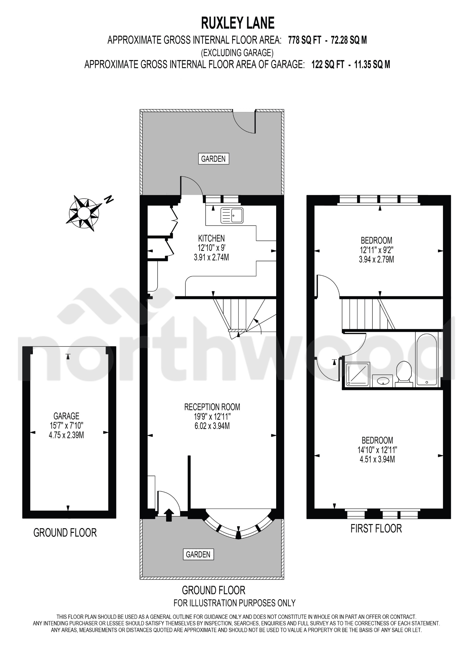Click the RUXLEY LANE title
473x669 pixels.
pyautogui.click(x=238, y=23)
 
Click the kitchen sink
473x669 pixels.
pyautogui.click(x=232, y=216)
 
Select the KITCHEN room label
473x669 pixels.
pyautogui.click(x=211, y=238)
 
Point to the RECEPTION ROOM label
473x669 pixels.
pyautogui.click(x=212, y=407)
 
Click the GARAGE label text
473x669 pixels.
pyautogui.click(x=66, y=416)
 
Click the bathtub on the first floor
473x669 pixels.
pyautogui.click(x=427, y=359)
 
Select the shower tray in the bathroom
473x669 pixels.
pyautogui.click(x=357, y=375)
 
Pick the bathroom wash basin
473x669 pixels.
pyautogui.click(x=383, y=380)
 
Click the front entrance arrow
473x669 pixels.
pyautogui.click(x=169, y=515)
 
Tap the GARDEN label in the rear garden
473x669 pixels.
pyautogui.click(x=214, y=159)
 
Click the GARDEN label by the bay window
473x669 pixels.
pyautogui.click(x=198, y=554)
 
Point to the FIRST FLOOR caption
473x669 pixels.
pyautogui.click(x=376, y=529)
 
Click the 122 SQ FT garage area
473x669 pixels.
pyautogui.click(x=328, y=64)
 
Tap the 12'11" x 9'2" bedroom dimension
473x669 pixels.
pyautogui.click(x=376, y=250)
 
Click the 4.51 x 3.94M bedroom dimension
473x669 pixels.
pyautogui.click(x=377, y=460)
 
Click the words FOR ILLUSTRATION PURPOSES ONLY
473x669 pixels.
pyautogui.click(x=235, y=603)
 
